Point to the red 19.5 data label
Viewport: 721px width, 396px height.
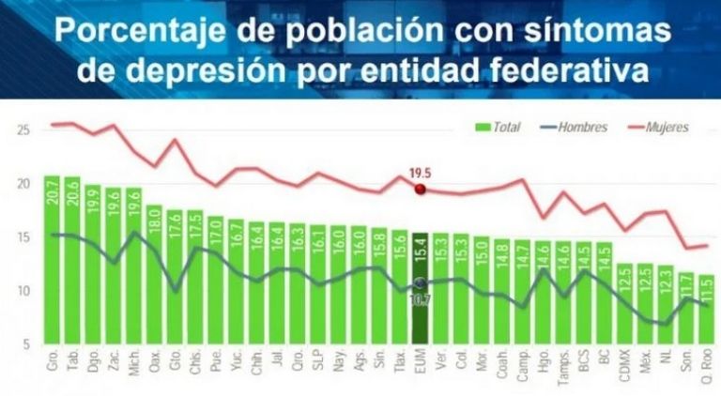tap(420, 173)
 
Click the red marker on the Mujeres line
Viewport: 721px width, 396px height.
tap(420, 189)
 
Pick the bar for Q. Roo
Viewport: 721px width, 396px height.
tap(707, 310)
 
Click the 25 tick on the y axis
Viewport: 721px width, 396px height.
tap(23, 129)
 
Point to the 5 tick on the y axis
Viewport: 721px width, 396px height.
tap(23, 345)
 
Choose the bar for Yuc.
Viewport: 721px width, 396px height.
tap(236, 282)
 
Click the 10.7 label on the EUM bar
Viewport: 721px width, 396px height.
tap(420, 299)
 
